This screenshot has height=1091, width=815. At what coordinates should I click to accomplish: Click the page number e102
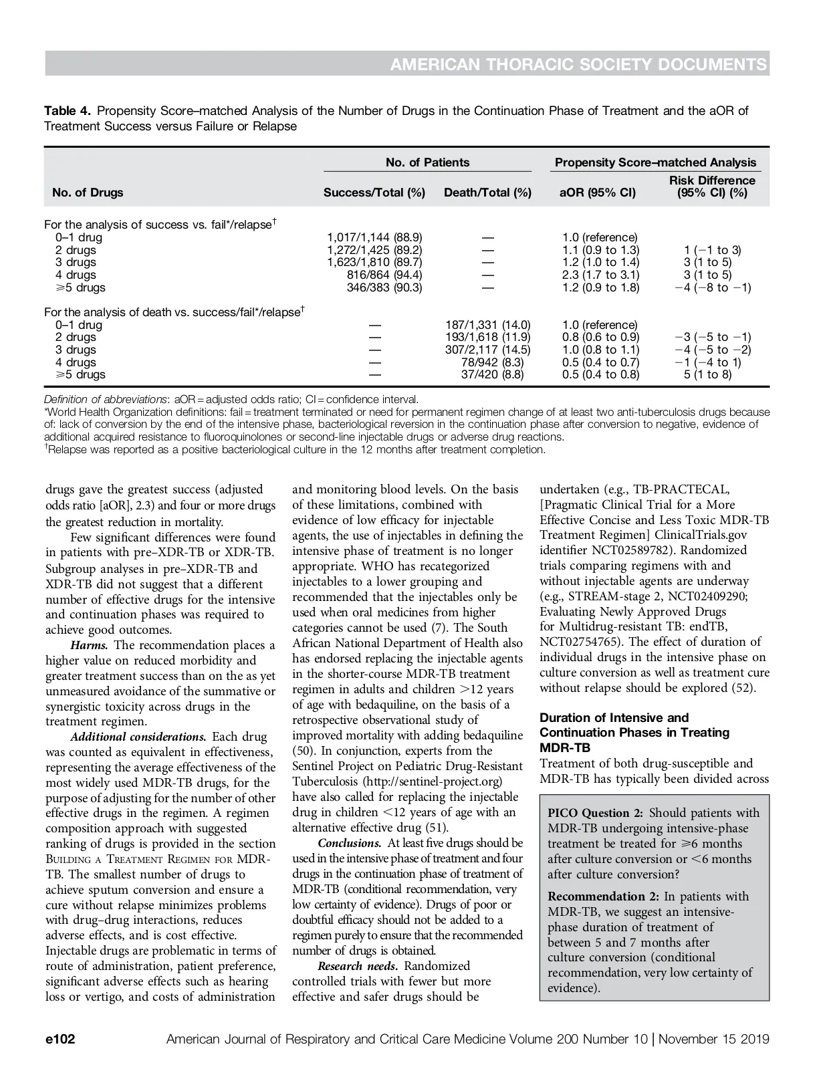pyautogui.click(x=60, y=1040)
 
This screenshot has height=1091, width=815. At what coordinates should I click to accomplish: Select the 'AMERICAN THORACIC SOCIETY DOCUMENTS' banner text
pyautogui.click(x=578, y=64)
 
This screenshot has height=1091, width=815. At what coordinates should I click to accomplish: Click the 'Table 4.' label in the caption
pyautogui.click(x=68, y=110)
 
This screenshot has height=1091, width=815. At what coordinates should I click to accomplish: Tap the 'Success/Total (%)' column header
pyautogui.click(x=374, y=193)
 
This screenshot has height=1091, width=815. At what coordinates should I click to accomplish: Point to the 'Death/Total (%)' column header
pyautogui.click(x=487, y=193)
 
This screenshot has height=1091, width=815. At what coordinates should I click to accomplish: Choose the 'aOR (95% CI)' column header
pyautogui.click(x=598, y=193)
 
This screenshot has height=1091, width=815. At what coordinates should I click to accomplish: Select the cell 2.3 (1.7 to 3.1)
pyautogui.click(x=600, y=275)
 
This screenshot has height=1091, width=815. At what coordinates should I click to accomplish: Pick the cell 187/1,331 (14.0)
pyautogui.click(x=487, y=325)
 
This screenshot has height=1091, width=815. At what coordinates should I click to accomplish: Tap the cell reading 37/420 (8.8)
pyautogui.click(x=492, y=374)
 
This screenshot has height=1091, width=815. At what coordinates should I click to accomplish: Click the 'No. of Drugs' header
pyautogui.click(x=88, y=193)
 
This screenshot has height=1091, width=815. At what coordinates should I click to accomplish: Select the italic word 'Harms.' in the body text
pyautogui.click(x=90, y=645)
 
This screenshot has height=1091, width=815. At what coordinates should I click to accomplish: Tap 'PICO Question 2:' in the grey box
pyautogui.click(x=595, y=813)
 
